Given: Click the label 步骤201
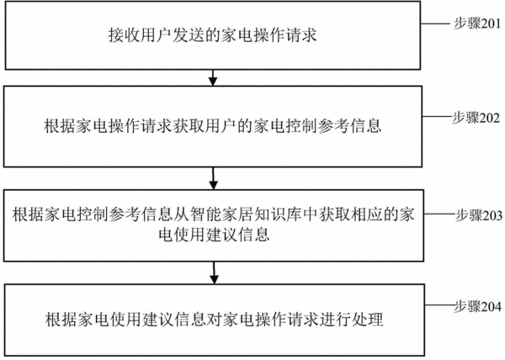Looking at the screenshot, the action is (477, 24).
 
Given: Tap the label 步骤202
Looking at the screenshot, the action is (476, 118).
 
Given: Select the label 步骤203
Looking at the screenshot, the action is (479, 215).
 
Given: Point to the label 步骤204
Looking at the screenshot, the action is (478, 307).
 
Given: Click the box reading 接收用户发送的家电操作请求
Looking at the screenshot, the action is (213, 35).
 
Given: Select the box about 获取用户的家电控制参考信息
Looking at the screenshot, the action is (213, 126).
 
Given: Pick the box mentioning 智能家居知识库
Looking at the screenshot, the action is (214, 225).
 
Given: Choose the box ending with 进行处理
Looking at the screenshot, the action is (215, 320).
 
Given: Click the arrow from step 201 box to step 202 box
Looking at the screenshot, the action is (213, 78).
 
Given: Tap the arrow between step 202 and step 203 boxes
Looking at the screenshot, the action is (213, 178).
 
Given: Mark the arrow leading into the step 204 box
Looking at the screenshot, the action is (214, 273).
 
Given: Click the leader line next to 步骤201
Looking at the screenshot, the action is (435, 24).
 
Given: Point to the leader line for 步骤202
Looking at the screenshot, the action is (438, 116).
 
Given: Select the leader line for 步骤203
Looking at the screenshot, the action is (440, 214).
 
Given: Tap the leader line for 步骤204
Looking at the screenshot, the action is (440, 305).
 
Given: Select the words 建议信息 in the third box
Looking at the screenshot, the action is (238, 234).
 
